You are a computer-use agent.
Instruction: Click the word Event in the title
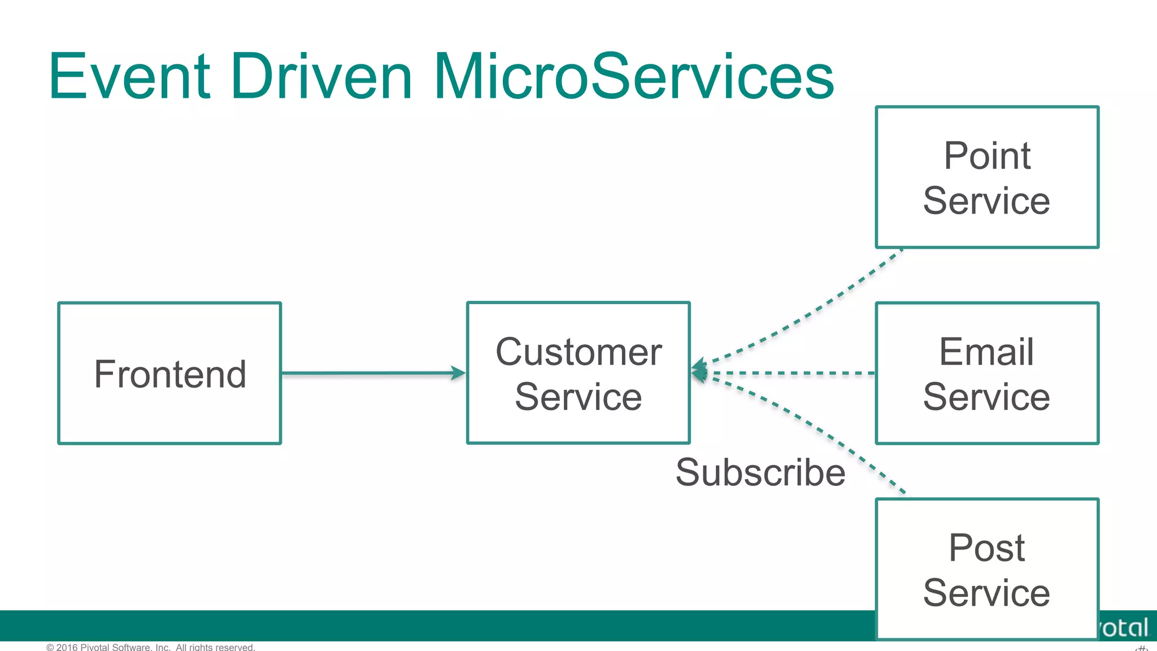(x=129, y=77)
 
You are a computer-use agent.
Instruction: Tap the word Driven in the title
(x=321, y=77)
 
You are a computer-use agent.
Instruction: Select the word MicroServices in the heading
(x=633, y=77)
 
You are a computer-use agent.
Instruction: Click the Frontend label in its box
(x=170, y=374)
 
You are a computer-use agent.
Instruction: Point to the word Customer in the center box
(x=578, y=351)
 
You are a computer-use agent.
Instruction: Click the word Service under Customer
(x=578, y=397)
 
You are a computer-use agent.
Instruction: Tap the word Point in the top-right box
(x=987, y=155)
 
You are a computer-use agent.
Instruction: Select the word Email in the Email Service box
(x=986, y=351)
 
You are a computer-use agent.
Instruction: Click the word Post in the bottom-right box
(x=986, y=548)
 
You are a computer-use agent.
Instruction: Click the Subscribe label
(x=760, y=472)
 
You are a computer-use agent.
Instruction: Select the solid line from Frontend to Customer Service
(x=367, y=373)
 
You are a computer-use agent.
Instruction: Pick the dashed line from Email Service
(x=791, y=373)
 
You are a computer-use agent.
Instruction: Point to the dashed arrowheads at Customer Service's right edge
(x=699, y=372)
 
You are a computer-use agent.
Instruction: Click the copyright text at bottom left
(x=151, y=646)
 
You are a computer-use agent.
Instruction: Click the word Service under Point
(x=986, y=201)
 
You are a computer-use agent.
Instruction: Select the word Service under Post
(x=986, y=593)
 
